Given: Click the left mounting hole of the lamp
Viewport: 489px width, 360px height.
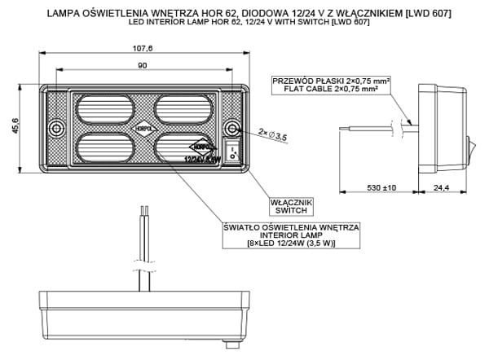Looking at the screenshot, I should coord(55,130).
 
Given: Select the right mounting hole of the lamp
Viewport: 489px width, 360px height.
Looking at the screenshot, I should coord(232,130).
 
